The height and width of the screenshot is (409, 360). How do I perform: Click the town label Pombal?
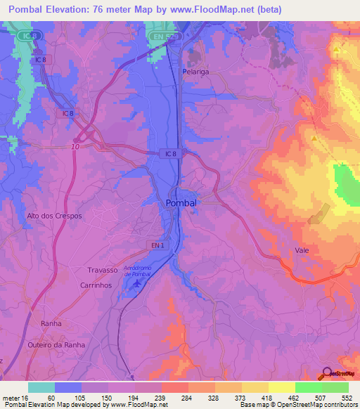[181, 202]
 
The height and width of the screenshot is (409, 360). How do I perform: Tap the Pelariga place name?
[197, 72]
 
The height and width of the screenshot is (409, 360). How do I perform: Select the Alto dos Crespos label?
[54, 216]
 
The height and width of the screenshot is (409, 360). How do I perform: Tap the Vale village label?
[302, 249]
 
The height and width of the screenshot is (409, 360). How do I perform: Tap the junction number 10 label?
[75, 146]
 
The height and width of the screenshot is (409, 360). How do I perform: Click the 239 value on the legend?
[161, 398]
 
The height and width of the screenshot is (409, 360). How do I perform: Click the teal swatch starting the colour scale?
[41, 387]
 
